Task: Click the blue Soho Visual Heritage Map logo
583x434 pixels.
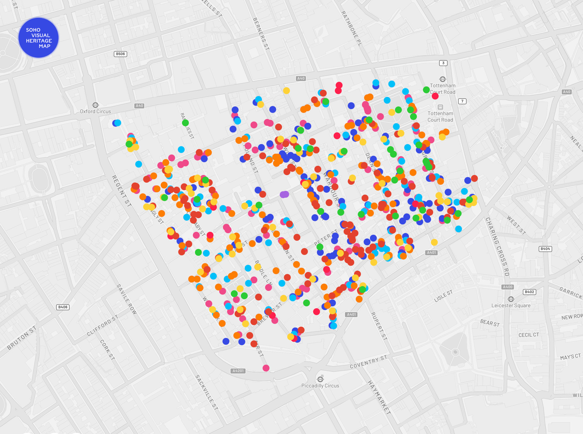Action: tap(39, 38)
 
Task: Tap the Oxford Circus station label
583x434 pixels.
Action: tap(95, 111)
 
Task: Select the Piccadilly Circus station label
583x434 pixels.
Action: tap(320, 386)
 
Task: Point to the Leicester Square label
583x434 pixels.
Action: tap(511, 305)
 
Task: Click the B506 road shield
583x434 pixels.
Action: tap(120, 54)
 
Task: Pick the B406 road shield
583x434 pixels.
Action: tap(63, 307)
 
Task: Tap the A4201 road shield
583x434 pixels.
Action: tap(238, 371)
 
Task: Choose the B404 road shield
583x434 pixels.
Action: tap(545, 249)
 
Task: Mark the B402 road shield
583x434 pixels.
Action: tap(529, 292)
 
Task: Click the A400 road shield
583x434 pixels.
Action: tap(508, 287)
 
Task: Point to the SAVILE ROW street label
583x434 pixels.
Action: tap(127, 299)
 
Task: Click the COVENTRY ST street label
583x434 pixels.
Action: tap(368, 362)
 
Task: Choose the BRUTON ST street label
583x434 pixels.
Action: tap(22, 338)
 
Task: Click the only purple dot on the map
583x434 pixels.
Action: tap(284, 194)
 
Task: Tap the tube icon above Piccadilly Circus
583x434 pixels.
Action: tap(320, 379)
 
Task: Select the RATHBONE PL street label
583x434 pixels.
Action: tap(352, 29)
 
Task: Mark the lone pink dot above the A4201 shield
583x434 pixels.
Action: tap(266, 368)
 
